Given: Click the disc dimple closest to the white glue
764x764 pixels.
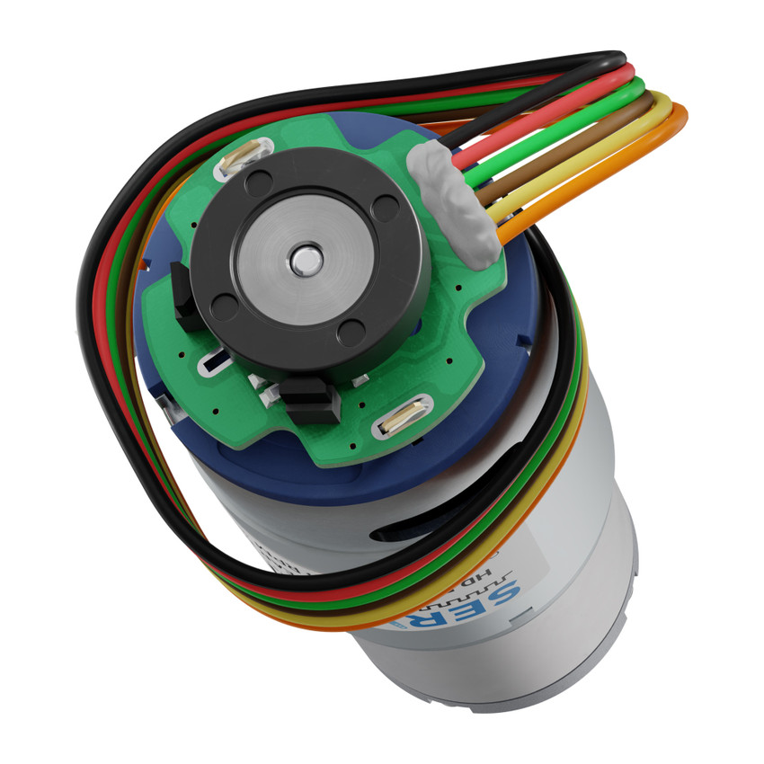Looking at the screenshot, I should point(386,209).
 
